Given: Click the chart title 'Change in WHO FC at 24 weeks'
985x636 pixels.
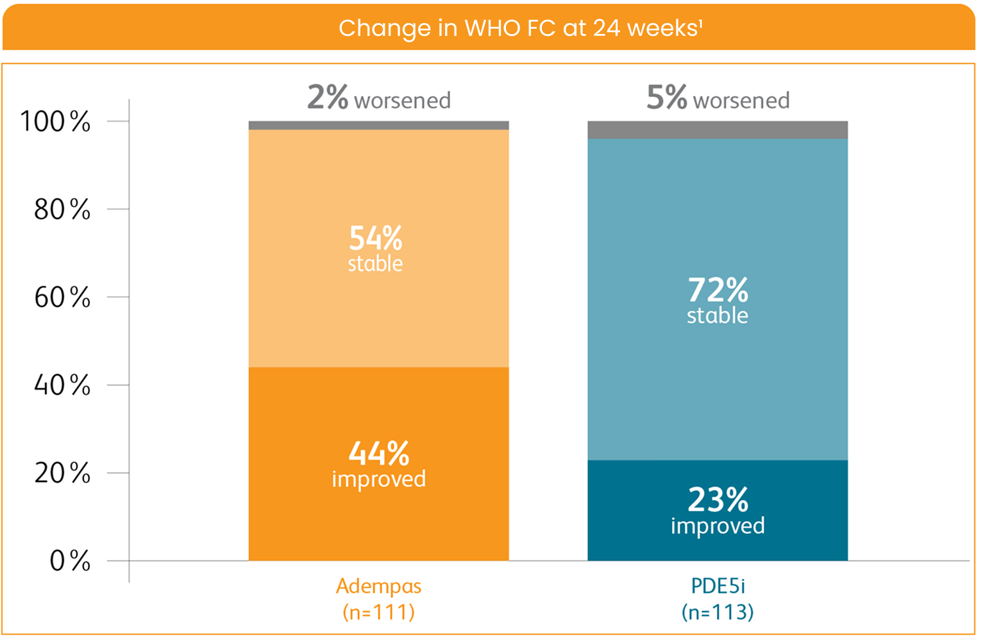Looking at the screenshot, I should [x=520, y=28].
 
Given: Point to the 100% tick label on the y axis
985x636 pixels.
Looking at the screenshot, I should [x=55, y=121].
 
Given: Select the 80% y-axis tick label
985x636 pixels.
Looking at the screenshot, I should [x=62, y=210].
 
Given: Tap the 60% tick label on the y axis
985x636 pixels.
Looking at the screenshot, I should [x=62, y=297].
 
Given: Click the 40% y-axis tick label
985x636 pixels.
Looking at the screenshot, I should [x=62, y=385].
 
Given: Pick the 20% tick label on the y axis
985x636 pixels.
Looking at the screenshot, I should [x=62, y=473].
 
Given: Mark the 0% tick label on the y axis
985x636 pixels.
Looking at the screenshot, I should [x=69, y=561].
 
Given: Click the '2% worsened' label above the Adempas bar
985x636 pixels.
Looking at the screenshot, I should [x=378, y=98].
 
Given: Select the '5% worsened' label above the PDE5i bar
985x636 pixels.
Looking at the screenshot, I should [x=718, y=98].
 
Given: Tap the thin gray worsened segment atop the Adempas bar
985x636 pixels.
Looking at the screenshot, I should [x=378, y=126].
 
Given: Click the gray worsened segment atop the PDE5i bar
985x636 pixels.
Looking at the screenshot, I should [x=718, y=130].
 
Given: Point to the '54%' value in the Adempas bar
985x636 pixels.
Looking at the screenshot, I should [x=375, y=238].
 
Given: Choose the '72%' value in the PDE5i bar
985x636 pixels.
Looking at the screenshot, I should [x=718, y=290].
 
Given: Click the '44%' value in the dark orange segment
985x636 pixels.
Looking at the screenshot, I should [x=378, y=454].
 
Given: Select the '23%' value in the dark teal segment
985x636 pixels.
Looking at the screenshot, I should [x=718, y=500].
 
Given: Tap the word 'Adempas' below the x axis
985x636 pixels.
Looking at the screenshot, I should [x=378, y=586].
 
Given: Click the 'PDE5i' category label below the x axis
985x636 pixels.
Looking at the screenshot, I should [x=718, y=586].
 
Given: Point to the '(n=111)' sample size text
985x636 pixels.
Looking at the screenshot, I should [x=378, y=612].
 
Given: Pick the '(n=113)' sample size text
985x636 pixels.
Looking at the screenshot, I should [x=718, y=612].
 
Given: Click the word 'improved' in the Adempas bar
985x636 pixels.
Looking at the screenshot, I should [x=378, y=480].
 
